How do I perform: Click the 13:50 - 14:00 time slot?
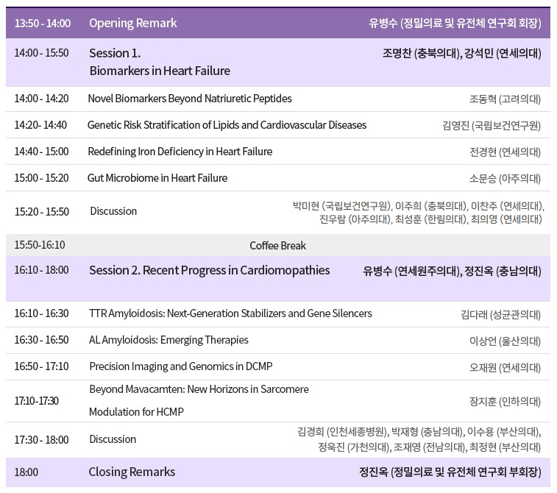[x=43, y=24]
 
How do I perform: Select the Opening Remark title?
[x=133, y=24]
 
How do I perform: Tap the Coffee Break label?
[x=278, y=246]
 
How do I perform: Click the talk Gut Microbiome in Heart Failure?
[x=157, y=178]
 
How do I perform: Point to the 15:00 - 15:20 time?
[x=41, y=178]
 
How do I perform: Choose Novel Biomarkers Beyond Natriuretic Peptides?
[x=190, y=99]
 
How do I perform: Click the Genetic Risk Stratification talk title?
[x=227, y=125]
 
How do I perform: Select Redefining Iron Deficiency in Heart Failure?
[x=180, y=152]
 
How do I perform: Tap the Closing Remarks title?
[x=132, y=472]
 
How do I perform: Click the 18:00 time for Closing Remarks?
[x=26, y=472]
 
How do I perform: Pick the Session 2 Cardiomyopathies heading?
[x=210, y=271]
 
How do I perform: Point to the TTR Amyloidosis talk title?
[x=230, y=313]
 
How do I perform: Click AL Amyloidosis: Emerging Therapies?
[x=168, y=340]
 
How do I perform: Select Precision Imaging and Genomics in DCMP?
[x=181, y=366]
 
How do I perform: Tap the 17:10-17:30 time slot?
[x=37, y=401]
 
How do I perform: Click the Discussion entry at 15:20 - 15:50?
[x=113, y=211]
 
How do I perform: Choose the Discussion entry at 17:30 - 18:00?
[x=113, y=439]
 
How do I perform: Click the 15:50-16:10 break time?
[x=40, y=245]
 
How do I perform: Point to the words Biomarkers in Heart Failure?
[x=160, y=71]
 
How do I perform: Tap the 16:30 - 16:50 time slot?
[x=41, y=340]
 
